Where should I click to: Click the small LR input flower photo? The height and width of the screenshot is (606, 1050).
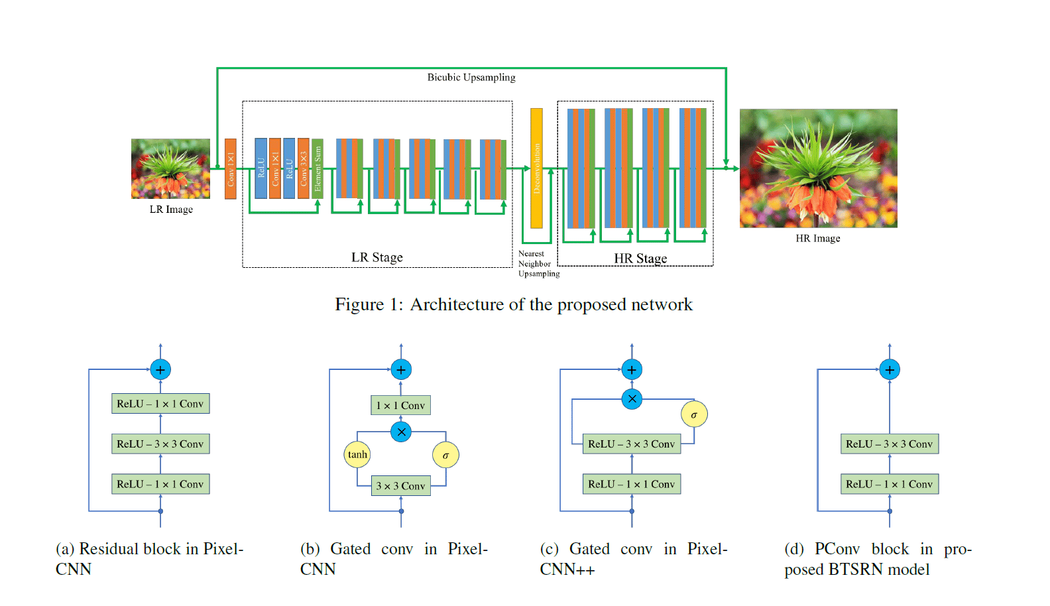point(170,168)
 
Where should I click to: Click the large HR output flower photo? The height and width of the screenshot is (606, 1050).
point(819,168)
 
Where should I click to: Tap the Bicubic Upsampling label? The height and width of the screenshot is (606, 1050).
point(471,78)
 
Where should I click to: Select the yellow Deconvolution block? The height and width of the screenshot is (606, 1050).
point(536,168)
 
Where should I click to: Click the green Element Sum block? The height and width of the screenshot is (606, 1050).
point(318,168)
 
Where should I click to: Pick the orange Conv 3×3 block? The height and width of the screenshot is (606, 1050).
point(304,168)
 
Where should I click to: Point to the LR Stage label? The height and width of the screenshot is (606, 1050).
point(377,257)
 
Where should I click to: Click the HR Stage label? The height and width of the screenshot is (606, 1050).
point(640,258)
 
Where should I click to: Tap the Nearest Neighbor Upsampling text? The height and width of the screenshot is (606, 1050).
point(539,263)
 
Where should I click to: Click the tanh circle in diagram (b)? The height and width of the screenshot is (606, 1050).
point(357,455)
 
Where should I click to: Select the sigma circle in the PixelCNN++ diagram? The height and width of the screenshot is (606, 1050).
point(694,414)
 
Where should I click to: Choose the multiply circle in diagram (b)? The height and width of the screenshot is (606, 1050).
point(401,432)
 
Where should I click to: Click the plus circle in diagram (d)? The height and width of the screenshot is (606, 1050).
point(890,370)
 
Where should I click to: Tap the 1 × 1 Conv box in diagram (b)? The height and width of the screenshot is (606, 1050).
point(401,405)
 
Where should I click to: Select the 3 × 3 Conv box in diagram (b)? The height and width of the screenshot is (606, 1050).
point(401,486)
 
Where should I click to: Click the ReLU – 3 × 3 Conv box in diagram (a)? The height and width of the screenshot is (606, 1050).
point(160,444)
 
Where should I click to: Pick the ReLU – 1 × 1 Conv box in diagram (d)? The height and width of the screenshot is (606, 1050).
point(890,484)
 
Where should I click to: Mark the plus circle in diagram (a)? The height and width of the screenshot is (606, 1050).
point(160,370)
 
